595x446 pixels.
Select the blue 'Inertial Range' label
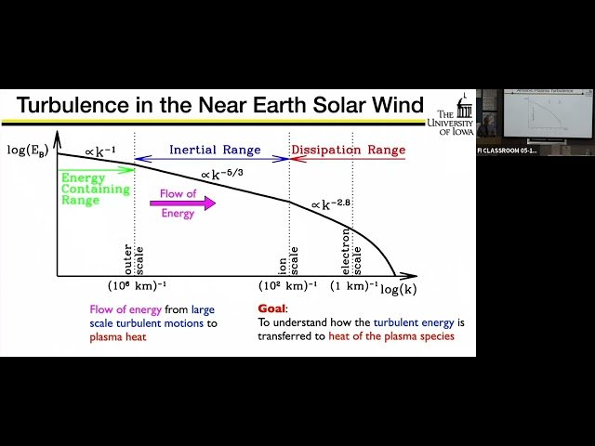tap(215, 150)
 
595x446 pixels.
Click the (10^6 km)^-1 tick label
tap(137, 285)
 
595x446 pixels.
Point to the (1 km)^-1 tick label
tap(355, 285)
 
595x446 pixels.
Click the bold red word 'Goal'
tap(272, 308)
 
